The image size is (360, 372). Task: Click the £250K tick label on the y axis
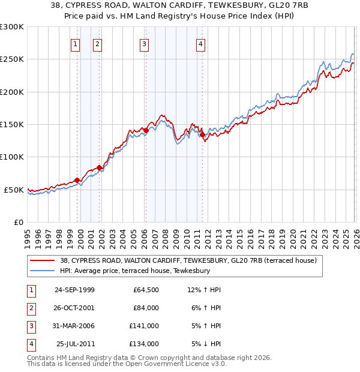[12, 59]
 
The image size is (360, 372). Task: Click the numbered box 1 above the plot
[76, 44]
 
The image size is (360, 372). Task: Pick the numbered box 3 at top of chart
[145, 44]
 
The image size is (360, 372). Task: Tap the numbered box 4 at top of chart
[200, 44]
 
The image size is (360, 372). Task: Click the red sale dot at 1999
[77, 180]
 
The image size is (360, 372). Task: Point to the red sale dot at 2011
[202, 134]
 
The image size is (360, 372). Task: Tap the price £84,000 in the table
[146, 308]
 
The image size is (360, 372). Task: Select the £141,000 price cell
[146, 326]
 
